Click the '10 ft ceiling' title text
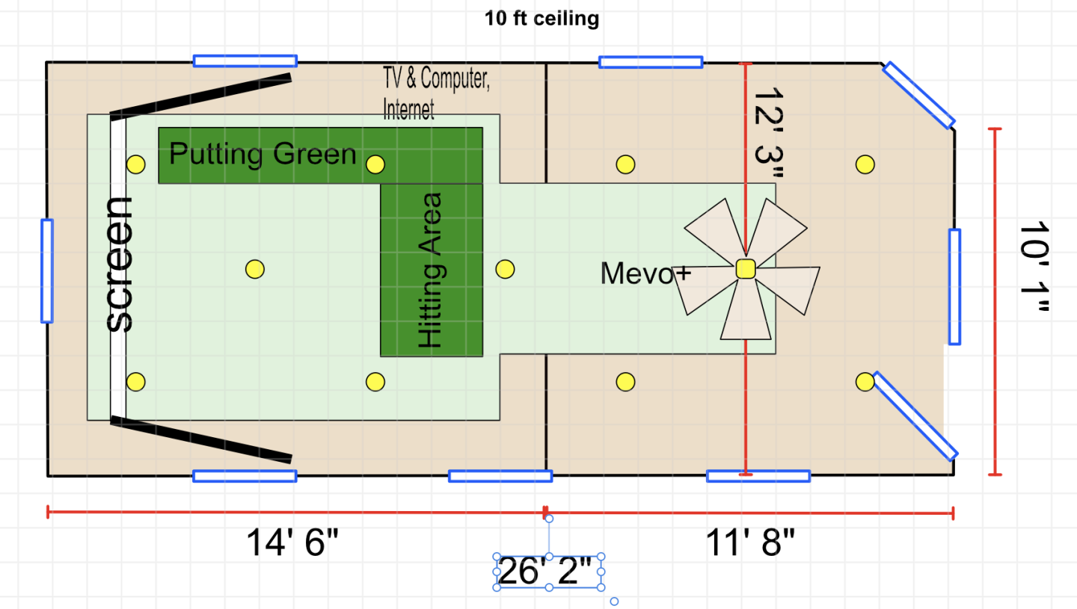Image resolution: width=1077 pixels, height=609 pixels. click(541, 19)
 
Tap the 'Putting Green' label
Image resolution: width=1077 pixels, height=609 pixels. click(263, 154)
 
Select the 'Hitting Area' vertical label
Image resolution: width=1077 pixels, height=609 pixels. click(430, 271)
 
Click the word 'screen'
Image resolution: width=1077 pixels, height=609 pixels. click(119, 265)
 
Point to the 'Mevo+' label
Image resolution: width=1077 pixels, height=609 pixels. click(645, 273)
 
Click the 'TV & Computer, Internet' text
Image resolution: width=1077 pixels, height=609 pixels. click(436, 93)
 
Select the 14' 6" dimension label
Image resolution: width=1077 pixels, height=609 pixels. click(292, 542)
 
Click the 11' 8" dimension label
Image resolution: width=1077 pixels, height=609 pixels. click(750, 542)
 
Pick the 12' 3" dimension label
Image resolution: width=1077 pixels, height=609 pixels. click(769, 132)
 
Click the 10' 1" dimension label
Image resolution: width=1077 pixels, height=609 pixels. click(1034, 267)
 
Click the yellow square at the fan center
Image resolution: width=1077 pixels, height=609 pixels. click(746, 269)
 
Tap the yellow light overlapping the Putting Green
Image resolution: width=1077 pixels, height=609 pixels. click(375, 164)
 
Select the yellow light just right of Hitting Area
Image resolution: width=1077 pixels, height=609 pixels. click(505, 269)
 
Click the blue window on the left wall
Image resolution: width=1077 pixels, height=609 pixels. click(47, 271)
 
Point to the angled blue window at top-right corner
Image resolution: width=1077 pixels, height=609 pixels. click(918, 95)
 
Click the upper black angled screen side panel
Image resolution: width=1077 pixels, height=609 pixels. click(201, 96)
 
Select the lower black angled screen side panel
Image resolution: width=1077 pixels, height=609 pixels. click(201, 440)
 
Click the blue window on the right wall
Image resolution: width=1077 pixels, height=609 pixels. click(955, 287)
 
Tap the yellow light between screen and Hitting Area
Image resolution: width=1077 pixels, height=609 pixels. click(255, 269)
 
